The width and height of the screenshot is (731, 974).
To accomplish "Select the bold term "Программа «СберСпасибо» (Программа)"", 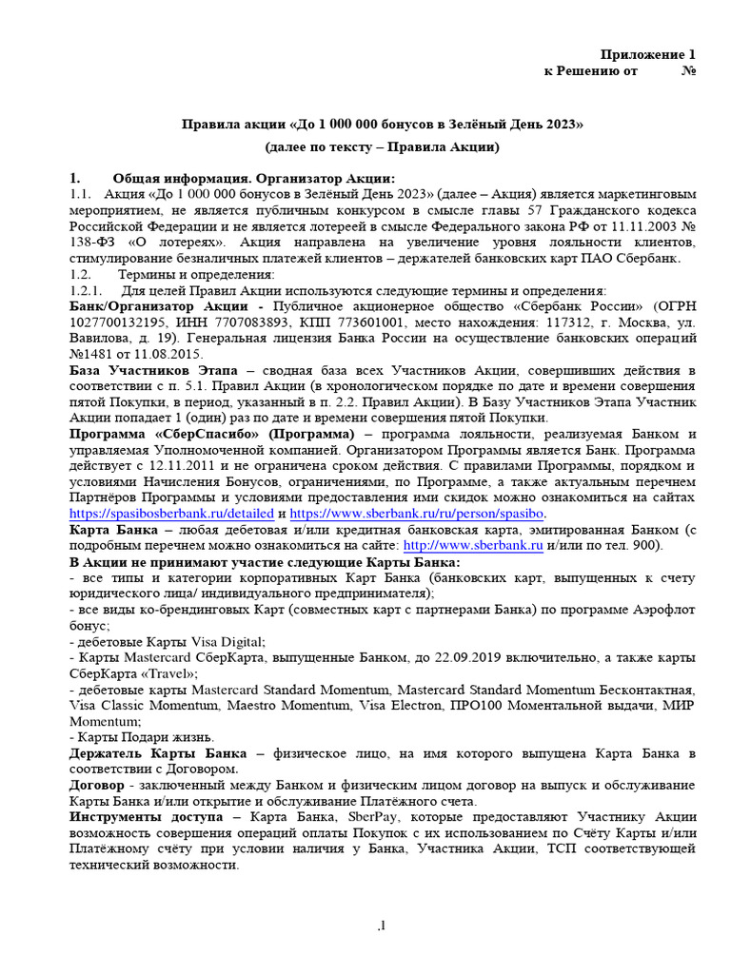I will (184, 435).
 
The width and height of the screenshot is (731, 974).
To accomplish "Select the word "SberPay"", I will (336, 817).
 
